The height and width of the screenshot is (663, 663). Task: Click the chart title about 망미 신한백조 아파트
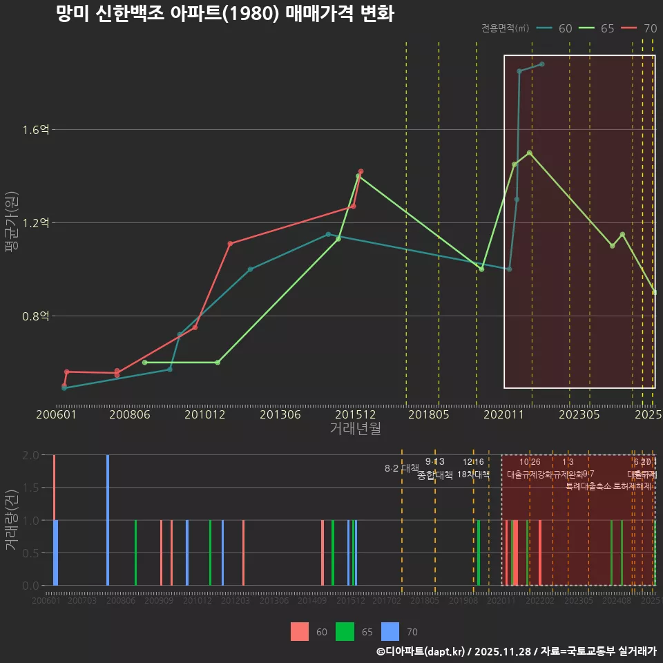pyautogui.click(x=225, y=14)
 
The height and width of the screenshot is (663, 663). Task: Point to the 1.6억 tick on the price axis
pyautogui.click(x=35, y=130)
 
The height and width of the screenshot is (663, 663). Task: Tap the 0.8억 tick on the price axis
pyautogui.click(x=35, y=316)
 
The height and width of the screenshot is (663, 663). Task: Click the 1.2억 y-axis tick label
pyautogui.click(x=35, y=223)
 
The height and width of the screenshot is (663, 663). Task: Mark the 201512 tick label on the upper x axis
pyautogui.click(x=355, y=414)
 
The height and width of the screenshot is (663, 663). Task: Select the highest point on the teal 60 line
pyautogui.click(x=542, y=64)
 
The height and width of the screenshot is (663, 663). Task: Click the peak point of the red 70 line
pyautogui.click(x=361, y=171)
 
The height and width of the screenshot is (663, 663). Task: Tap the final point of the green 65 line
pyautogui.click(x=654, y=292)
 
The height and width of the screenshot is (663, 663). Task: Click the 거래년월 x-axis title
pyautogui.click(x=355, y=428)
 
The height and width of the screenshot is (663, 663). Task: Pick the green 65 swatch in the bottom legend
pyautogui.click(x=345, y=631)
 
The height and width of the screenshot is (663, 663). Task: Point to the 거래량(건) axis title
pyautogui.click(x=11, y=520)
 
